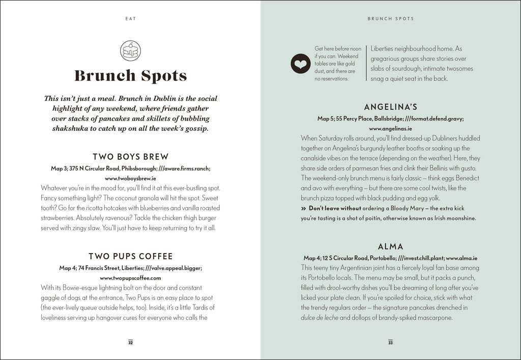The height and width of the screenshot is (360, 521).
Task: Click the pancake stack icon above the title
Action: point(131,50)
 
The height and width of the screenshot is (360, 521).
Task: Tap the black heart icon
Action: point(300,64)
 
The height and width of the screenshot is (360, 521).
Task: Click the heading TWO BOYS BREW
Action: point(130,157)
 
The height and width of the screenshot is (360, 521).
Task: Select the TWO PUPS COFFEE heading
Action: point(130,256)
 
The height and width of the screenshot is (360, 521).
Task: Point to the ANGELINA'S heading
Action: point(390,107)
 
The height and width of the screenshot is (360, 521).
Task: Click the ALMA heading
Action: point(390,247)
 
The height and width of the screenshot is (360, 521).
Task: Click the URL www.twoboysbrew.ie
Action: point(130,179)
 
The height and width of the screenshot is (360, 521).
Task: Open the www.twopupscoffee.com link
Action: point(130,278)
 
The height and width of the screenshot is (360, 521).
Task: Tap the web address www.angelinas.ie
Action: point(390,129)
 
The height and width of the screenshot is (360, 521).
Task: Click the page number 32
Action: point(130,342)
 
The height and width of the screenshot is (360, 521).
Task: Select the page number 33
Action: point(390,342)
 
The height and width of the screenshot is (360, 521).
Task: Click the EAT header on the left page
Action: point(130,19)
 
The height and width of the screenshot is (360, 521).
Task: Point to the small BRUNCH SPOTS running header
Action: point(390,19)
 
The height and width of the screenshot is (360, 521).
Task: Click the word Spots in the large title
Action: point(161,76)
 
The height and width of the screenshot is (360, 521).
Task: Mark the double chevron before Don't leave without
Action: point(304,208)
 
